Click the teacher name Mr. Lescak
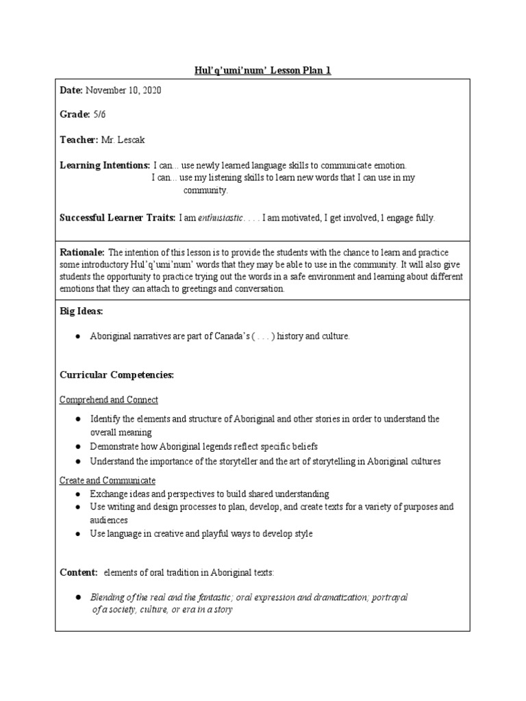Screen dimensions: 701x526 (123, 140)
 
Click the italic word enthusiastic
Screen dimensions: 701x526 (220, 218)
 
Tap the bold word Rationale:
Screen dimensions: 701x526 (82, 252)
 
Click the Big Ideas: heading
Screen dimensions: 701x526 (82, 311)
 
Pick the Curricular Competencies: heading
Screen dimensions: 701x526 (117, 375)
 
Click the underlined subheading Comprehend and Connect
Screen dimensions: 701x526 (109, 400)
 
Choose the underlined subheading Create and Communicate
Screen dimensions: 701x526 (108, 481)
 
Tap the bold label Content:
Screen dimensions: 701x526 (79, 572)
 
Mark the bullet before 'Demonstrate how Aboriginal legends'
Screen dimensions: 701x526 (79, 446)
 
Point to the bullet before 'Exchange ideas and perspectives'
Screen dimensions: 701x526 (79, 494)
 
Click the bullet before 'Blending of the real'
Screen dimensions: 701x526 (79, 598)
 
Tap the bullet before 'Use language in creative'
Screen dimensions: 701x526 (79, 534)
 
